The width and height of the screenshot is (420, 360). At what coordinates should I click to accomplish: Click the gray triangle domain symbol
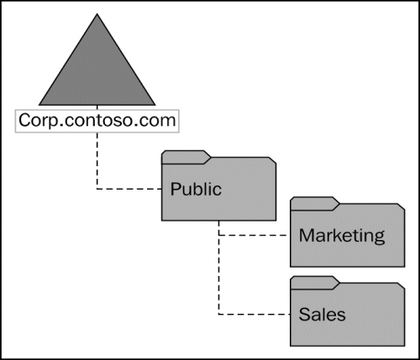[x=97, y=73]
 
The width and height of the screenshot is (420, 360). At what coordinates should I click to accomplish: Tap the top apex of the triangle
[x=97, y=13]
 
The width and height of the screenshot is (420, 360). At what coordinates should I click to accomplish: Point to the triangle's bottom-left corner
[x=39, y=105]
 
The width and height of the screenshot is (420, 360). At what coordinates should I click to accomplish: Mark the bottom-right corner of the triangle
[x=155, y=105]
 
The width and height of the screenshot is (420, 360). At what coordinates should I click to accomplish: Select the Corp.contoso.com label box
[x=97, y=121]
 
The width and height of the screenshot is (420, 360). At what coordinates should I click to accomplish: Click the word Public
[x=196, y=189]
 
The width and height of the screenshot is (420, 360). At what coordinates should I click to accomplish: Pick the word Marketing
[x=342, y=236]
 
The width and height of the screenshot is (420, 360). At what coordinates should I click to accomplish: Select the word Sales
[x=322, y=315]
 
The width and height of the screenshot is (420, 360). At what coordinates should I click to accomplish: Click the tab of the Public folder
[x=186, y=157]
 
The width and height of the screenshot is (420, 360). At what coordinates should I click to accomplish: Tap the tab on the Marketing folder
[x=315, y=204]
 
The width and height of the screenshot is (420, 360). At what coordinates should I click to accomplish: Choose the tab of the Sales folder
[x=315, y=283]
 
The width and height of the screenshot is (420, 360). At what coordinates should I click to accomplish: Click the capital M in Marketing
[x=306, y=235]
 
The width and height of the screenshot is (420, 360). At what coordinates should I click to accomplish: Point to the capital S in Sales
[x=305, y=315]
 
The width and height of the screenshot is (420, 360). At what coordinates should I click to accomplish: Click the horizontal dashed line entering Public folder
[x=129, y=189]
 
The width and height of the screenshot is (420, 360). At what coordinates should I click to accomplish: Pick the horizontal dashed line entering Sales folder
[x=255, y=315]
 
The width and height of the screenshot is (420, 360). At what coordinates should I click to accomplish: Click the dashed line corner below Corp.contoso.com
[x=97, y=189]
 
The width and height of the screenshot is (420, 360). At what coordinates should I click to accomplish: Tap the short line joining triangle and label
[x=97, y=107]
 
